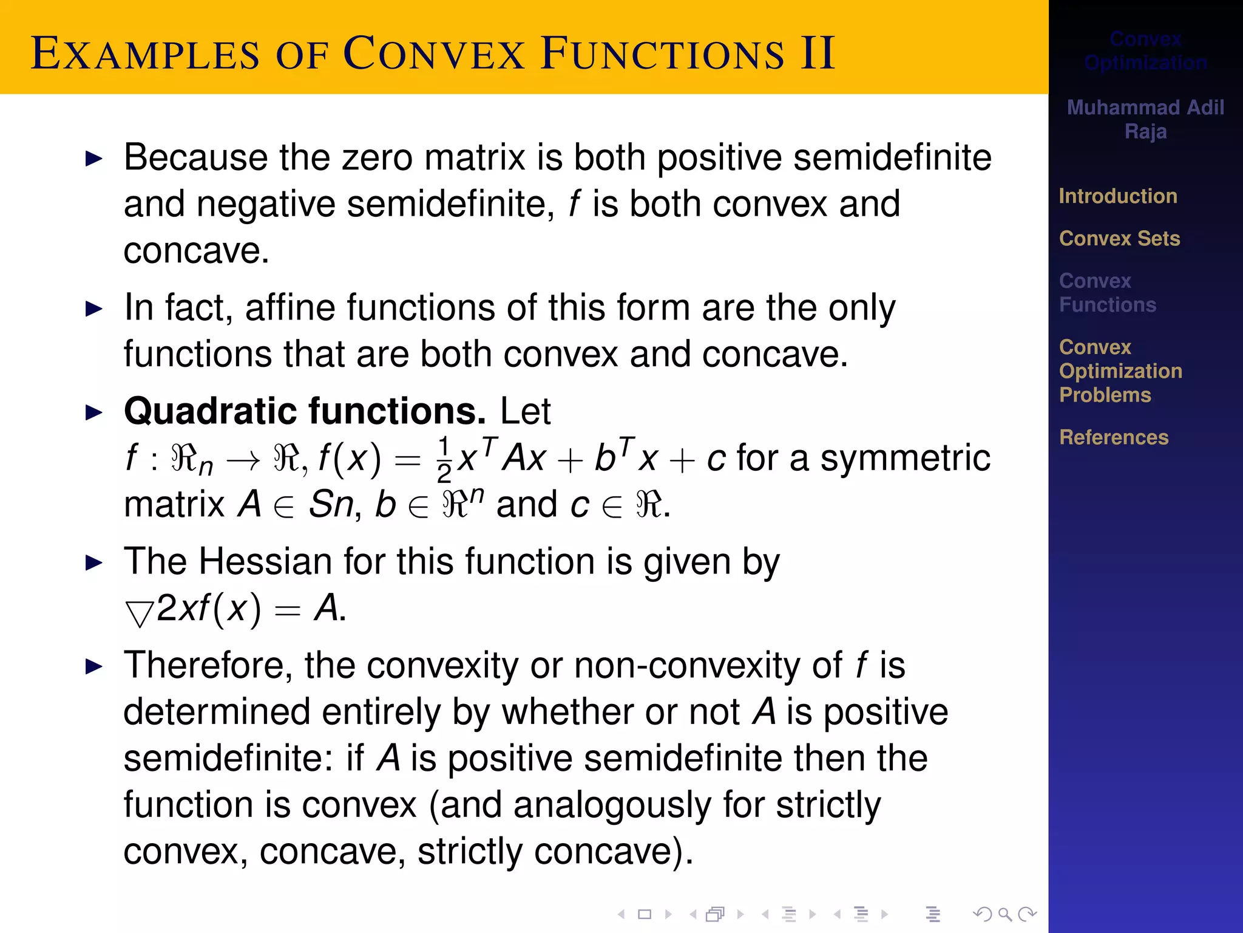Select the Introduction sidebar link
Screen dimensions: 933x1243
1118,196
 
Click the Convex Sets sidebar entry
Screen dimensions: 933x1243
1119,239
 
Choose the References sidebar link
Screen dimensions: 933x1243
1114,437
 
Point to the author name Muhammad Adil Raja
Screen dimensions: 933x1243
1145,119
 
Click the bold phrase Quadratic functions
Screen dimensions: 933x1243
305,411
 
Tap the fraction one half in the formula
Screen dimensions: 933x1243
444,459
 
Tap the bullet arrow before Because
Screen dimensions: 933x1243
94,159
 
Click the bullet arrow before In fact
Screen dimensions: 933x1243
94,309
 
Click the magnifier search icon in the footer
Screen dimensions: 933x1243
1004,914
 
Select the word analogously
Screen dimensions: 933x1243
612,805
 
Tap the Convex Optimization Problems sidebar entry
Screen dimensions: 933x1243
1120,371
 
